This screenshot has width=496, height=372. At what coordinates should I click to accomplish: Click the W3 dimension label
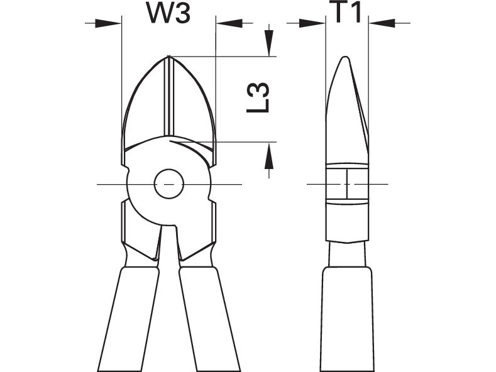169,14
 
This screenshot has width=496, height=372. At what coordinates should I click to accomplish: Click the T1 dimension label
347,12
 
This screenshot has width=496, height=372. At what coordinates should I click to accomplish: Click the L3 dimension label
258,98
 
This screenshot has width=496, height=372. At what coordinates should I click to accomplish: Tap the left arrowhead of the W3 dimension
108,23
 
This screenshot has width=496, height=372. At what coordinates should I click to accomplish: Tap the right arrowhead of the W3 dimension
229,23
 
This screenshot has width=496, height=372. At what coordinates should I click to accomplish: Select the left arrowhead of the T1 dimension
312,23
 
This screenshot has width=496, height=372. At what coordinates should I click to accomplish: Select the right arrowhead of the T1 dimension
382,23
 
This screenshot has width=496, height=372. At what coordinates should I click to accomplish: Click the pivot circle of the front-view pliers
169,183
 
